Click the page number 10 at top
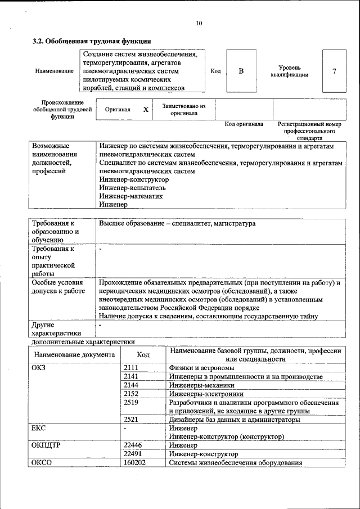(199, 23)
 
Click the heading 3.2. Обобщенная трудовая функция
(91, 40)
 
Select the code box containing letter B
(241, 71)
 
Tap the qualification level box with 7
(334, 71)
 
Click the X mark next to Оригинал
(146, 110)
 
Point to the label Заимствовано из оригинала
(184, 109)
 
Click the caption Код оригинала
(244, 124)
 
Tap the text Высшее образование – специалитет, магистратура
(177, 223)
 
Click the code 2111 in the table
(132, 368)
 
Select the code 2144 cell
(132, 385)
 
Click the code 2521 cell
(132, 420)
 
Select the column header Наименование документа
(74, 355)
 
